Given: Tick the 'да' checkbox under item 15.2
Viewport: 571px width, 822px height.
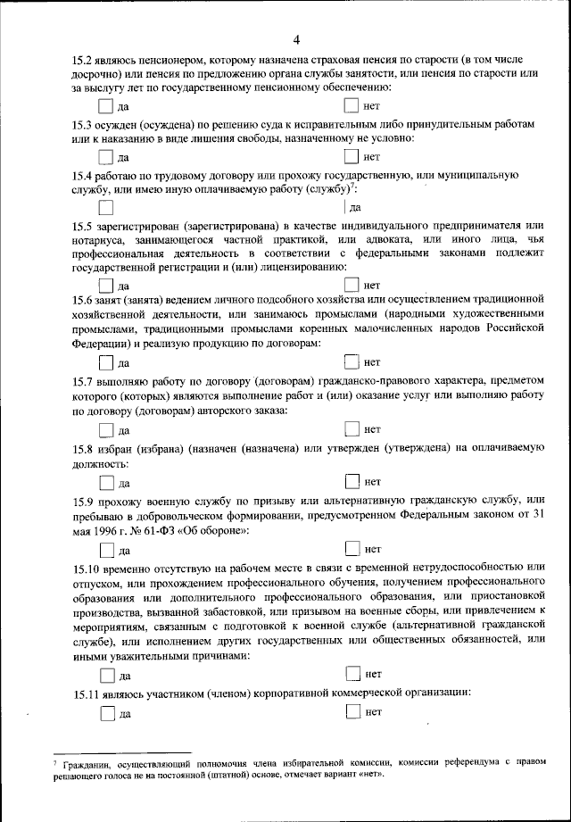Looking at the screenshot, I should click(106, 106).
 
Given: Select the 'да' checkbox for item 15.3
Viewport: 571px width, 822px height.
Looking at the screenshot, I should click(106, 157).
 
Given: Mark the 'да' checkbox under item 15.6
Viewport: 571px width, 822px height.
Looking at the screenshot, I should click(106, 362).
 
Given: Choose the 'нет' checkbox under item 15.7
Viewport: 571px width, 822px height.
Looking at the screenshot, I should click(352, 429).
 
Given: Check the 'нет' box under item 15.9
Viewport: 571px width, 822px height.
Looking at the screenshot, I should click(352, 548).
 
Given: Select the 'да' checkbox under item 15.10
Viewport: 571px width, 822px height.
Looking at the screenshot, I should click(106, 675).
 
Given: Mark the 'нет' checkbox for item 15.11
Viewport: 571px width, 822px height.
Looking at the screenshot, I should click(352, 711).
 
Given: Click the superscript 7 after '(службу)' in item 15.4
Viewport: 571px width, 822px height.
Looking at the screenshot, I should click(353, 187).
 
